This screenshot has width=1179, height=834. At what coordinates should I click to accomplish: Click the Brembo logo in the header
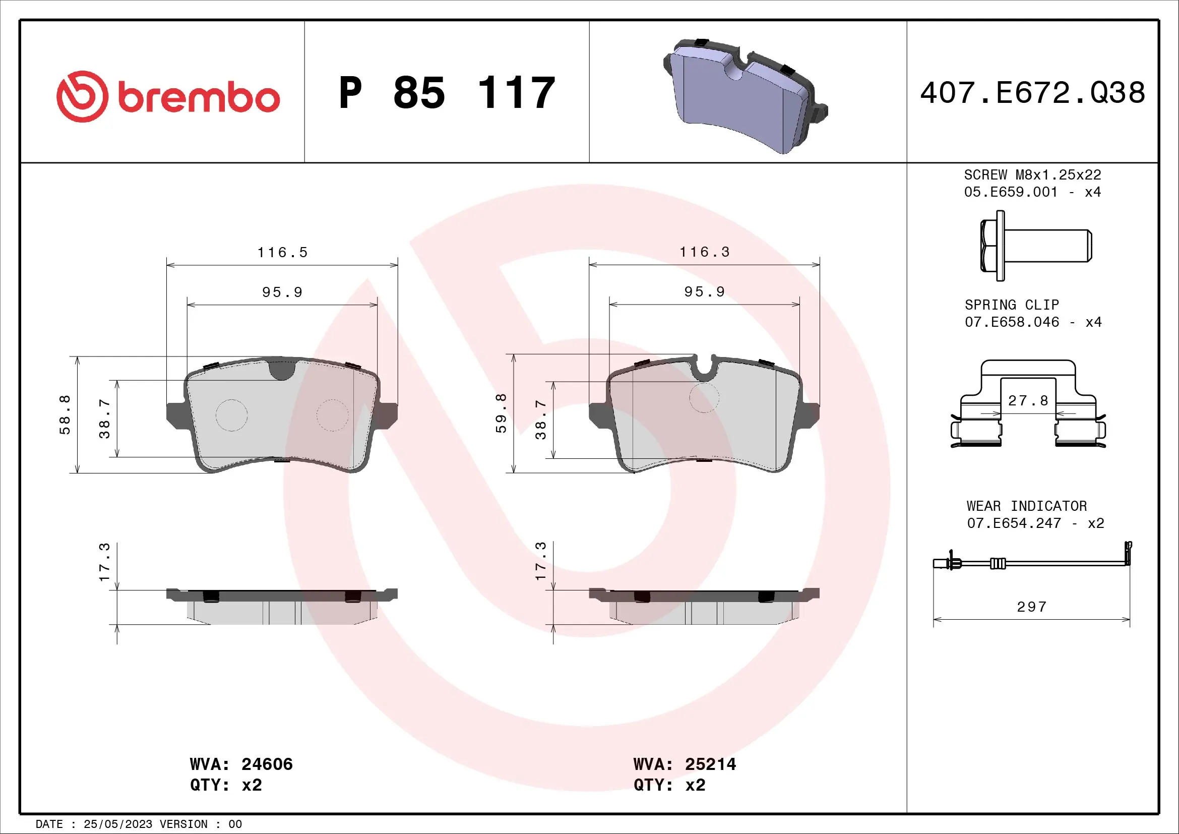[168, 96]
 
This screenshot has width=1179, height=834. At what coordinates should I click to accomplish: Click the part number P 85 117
[447, 93]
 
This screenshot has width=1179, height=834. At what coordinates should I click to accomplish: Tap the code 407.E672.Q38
[1032, 93]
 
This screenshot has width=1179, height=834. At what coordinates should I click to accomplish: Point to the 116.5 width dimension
[282, 253]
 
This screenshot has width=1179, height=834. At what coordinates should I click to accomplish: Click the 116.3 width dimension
[704, 252]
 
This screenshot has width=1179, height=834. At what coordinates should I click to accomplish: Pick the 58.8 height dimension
[65, 415]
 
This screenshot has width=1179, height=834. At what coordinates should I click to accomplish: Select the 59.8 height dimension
[501, 413]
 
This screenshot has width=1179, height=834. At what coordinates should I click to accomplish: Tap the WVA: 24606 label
[241, 764]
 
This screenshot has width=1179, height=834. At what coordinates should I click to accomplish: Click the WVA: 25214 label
[685, 764]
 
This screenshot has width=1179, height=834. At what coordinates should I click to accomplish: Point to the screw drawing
[1035, 246]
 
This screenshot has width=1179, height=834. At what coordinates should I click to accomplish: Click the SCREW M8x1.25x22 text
[1032, 175]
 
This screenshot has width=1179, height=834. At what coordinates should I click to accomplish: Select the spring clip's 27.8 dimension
[1028, 400]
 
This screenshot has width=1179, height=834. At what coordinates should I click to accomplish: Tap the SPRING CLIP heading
[1012, 305]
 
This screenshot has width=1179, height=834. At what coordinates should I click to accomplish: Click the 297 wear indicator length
[1031, 607]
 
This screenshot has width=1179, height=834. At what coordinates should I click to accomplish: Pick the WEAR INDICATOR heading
[1026, 506]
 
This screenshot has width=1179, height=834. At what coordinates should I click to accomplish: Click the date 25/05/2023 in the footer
[117, 824]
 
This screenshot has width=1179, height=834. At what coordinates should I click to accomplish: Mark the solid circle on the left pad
[231, 415]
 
